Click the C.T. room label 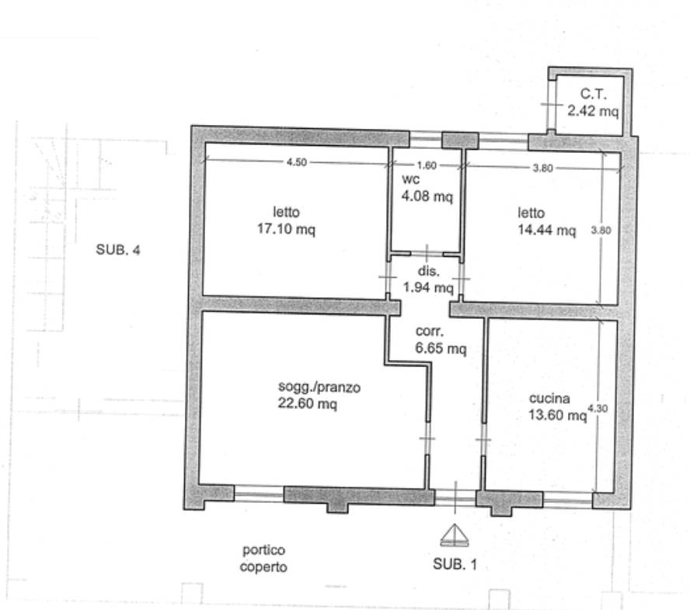(593, 94)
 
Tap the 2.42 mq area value (593, 111)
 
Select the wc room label (410, 179)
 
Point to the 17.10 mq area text (286, 229)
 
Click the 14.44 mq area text (546, 230)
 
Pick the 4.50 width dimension (297, 162)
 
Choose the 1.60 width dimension (427, 165)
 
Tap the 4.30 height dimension (598, 408)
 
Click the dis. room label (429, 271)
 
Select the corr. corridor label (430, 331)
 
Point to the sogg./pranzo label (319, 387)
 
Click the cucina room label (549, 398)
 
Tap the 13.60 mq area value (558, 415)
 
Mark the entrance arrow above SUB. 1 (455, 535)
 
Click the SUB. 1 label (455, 564)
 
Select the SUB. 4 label (118, 250)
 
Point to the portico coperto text (263, 558)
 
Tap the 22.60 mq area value (308, 403)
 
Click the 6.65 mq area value (441, 348)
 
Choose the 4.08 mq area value (427, 196)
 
